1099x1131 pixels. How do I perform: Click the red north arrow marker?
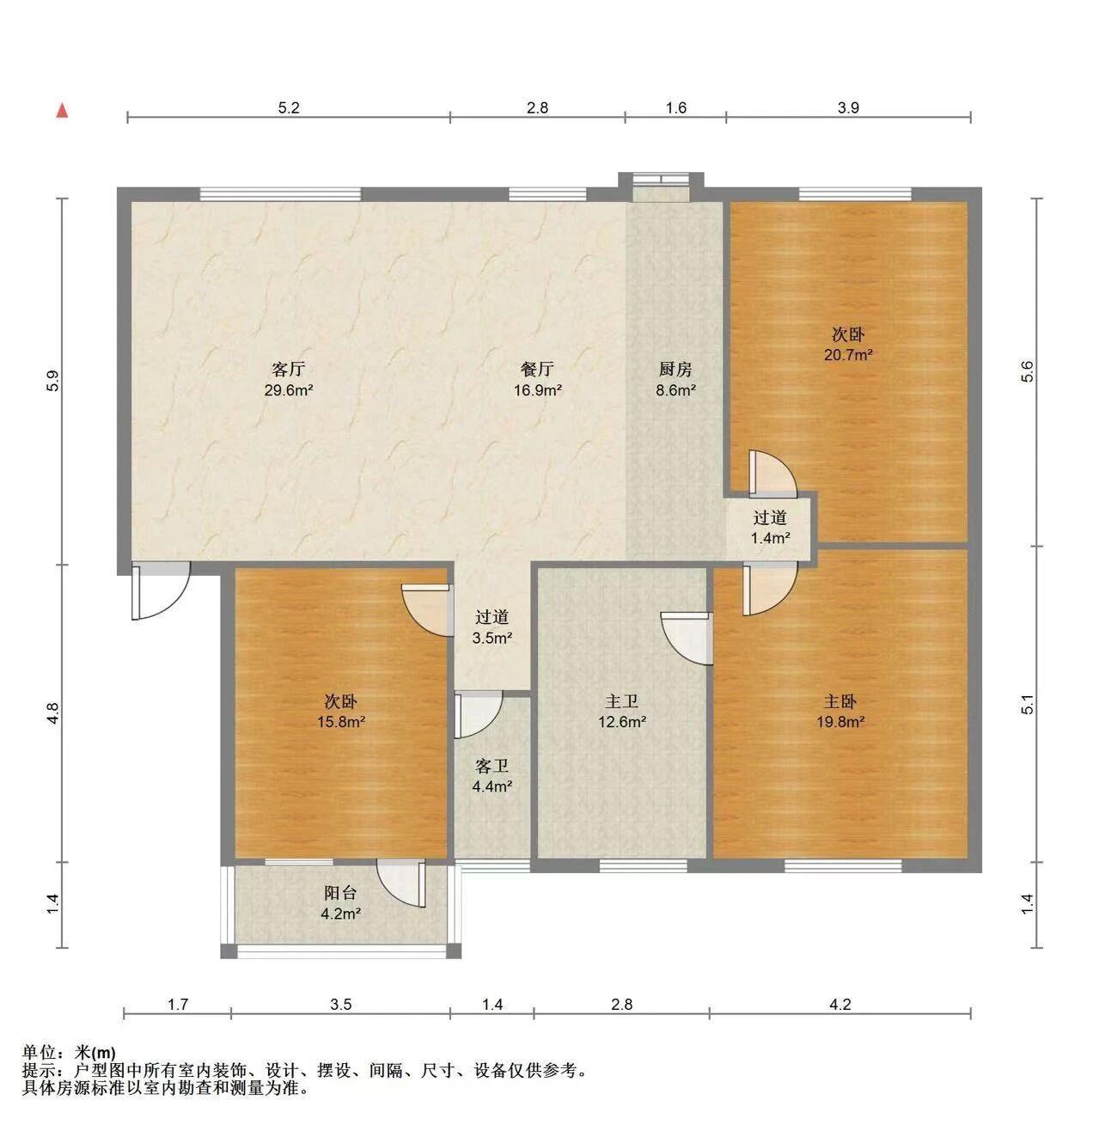pos(62,110)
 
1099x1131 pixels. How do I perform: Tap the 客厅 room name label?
pos(288,369)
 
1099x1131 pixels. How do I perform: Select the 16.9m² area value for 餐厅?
pos(538,390)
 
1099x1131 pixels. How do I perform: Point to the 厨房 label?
pos(675,369)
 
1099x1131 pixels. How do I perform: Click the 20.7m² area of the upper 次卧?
pos(848,355)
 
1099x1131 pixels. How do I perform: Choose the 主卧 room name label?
pos(840,701)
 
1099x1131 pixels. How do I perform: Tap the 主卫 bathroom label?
pos(622,701)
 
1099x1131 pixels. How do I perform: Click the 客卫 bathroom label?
pos(491,766)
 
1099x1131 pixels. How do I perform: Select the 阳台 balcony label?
pos(340,893)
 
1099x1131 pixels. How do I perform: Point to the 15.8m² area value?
pos(341,722)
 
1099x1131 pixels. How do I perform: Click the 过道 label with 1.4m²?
pos(770,517)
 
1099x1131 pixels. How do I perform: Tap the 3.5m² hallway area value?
pos(492,639)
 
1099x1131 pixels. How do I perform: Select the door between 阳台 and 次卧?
pos(402,883)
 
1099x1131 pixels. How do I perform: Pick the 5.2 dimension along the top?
pos(289,107)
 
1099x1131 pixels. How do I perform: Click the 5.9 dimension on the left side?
pos(53,381)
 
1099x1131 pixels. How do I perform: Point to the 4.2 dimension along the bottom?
pos(840,1005)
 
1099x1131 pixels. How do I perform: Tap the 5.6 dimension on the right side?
pos(1028,371)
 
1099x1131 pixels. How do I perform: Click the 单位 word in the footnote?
pos(40,1053)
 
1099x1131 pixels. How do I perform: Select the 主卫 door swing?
pos(687,639)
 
